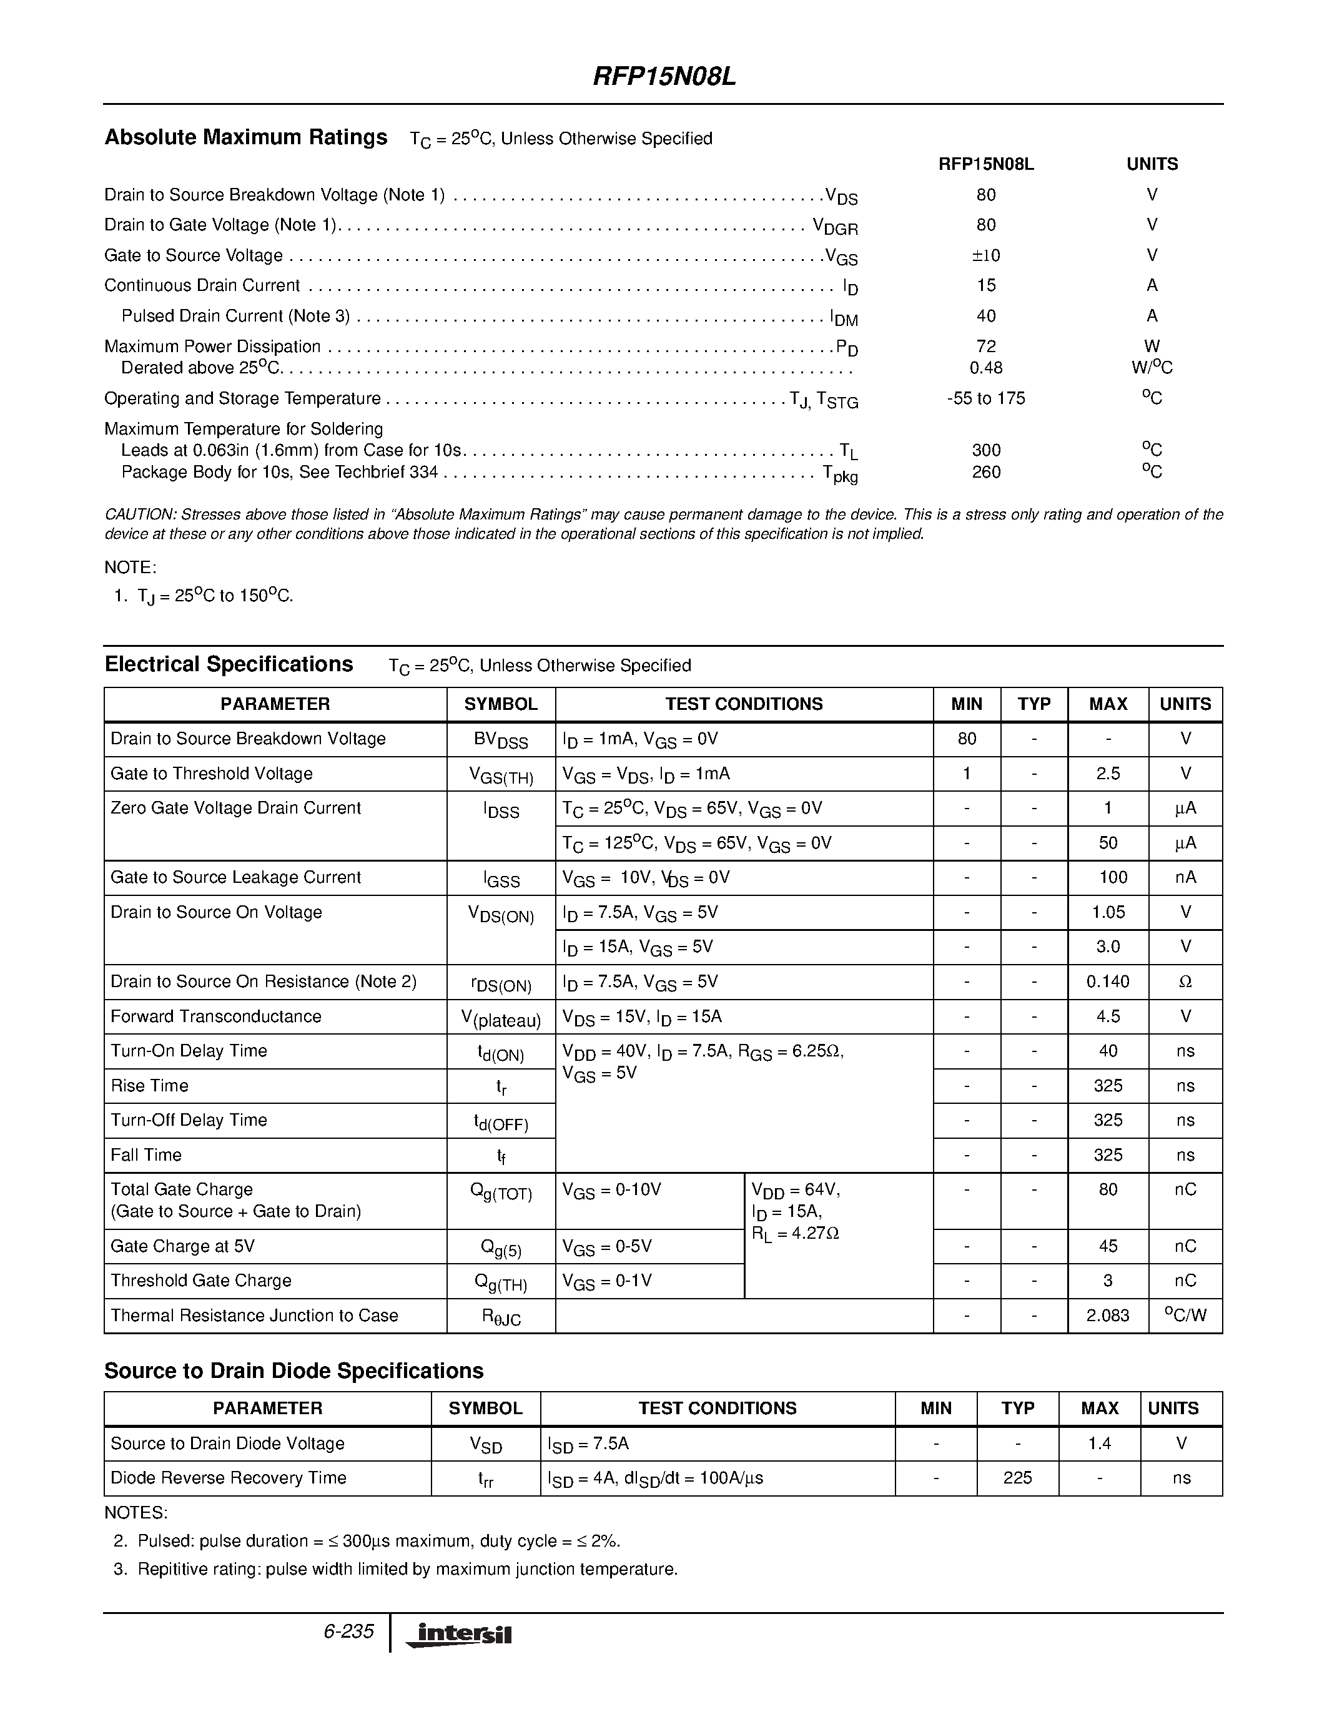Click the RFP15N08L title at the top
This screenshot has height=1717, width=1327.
pos(663,77)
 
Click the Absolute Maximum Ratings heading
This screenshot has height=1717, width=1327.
pos(246,137)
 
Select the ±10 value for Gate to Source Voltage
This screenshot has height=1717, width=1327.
pos(986,255)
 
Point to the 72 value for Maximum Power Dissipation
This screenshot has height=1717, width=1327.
pos(986,346)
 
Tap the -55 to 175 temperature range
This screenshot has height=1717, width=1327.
pos(986,398)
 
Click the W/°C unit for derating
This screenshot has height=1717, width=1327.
pos(1152,368)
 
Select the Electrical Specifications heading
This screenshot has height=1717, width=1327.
pos(229,664)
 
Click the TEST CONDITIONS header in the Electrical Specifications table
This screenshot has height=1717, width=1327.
pos(744,704)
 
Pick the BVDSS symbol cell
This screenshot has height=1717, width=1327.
pos(501,740)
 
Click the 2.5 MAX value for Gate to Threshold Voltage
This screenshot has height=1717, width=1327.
pos(1108,774)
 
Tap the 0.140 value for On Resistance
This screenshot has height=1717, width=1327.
pos(1108,982)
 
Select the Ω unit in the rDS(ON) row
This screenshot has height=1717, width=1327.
pos(1185,982)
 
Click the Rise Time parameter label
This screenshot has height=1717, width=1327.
pos(149,1086)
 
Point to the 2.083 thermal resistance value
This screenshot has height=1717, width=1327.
pos(1108,1316)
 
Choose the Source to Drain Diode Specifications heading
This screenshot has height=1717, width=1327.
pos(294,1371)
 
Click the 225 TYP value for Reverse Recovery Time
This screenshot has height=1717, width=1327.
pos(1017,1478)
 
